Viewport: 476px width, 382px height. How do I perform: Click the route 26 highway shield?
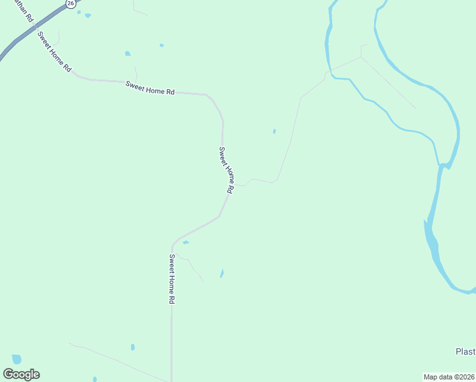(x=71, y=3)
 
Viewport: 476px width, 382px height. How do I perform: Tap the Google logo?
(x=21, y=374)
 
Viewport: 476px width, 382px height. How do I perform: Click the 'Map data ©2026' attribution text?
(x=449, y=376)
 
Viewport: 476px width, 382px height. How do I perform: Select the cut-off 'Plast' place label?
(x=465, y=352)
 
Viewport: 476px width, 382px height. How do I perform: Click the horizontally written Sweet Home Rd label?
(x=150, y=88)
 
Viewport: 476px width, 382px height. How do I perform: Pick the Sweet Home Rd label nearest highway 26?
(x=55, y=51)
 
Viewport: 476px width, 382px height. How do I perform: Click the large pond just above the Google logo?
(x=17, y=358)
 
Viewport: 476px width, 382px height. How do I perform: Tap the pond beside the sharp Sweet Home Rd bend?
(x=186, y=242)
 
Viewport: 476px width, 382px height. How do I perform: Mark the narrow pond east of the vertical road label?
(x=221, y=273)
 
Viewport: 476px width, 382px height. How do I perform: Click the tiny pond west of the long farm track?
(x=274, y=131)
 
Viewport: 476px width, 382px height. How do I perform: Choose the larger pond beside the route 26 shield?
(x=87, y=15)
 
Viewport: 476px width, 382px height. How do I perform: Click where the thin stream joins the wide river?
(x=440, y=165)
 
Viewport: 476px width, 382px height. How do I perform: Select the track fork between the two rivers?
(x=361, y=57)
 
